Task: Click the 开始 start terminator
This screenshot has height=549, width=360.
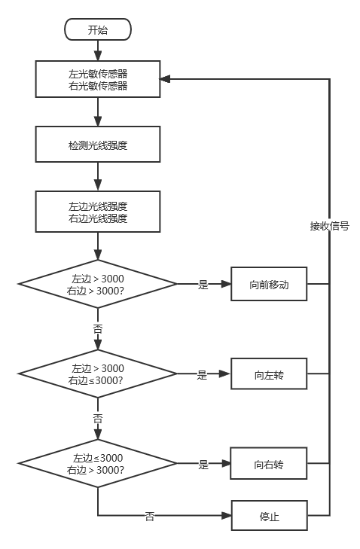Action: (x=98, y=29)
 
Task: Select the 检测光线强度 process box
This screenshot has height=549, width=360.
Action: (x=98, y=145)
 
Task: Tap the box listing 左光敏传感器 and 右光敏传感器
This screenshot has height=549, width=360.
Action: (x=98, y=79)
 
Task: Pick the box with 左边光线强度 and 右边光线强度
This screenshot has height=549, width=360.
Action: (x=98, y=212)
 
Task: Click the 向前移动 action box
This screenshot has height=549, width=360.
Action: (x=269, y=284)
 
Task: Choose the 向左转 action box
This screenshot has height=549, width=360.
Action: (x=269, y=374)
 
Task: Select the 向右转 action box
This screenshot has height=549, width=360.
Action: (x=269, y=463)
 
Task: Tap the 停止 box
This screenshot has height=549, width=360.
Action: (x=270, y=515)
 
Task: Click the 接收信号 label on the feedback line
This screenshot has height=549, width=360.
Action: (x=330, y=226)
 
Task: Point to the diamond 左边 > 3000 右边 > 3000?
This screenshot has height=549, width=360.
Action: (x=98, y=284)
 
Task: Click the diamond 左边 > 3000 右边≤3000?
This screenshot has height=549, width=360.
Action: (x=98, y=374)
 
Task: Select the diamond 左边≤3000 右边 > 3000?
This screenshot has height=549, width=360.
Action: (x=98, y=463)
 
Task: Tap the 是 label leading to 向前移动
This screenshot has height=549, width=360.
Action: (x=203, y=285)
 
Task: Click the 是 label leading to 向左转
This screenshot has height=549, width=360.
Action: (x=202, y=374)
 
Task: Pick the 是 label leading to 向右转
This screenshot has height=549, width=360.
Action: (x=203, y=464)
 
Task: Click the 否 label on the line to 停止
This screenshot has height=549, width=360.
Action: (x=150, y=516)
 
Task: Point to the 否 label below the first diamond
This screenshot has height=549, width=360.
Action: (x=98, y=329)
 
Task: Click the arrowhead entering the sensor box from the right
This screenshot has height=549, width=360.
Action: (x=165, y=79)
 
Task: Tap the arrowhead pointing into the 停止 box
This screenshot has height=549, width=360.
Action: (x=227, y=515)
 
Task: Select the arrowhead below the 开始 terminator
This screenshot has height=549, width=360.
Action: (x=98, y=56)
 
